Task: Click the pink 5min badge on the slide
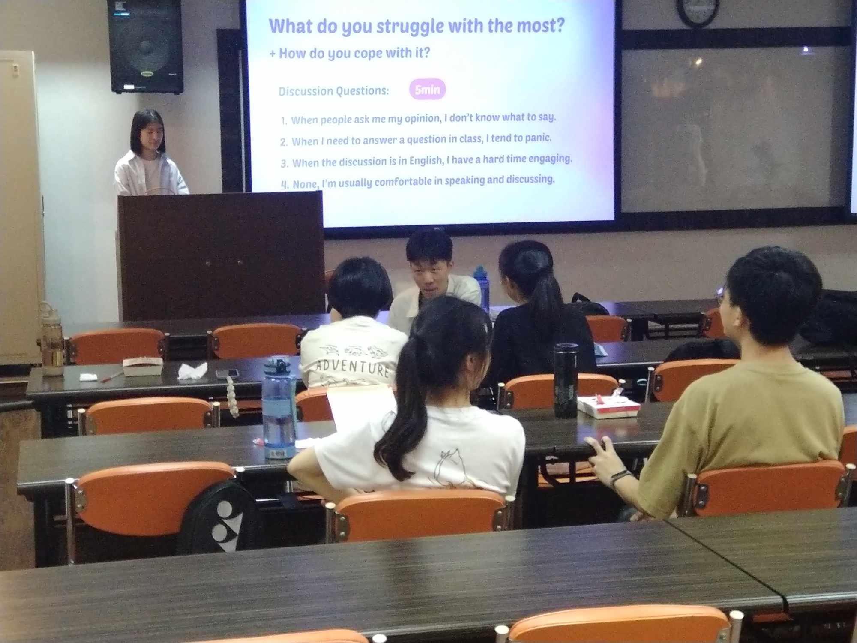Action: point(427,89)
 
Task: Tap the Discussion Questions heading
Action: point(334,91)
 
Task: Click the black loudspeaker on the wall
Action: point(145,46)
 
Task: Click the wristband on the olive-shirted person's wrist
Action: point(620,477)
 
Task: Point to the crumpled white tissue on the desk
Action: point(192,370)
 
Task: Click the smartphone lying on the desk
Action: point(227,373)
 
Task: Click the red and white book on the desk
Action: point(608,406)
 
